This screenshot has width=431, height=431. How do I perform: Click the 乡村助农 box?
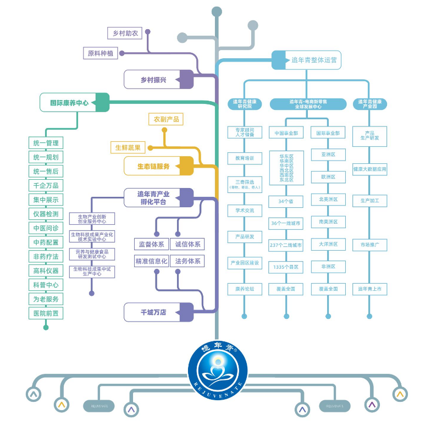pyautogui.click(x=124, y=33)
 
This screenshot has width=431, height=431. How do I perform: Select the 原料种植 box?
pyautogui.click(x=101, y=53)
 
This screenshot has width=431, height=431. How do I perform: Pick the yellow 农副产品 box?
pyautogui.click(x=165, y=119)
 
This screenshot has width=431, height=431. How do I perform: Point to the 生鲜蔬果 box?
pyautogui.click(x=128, y=147)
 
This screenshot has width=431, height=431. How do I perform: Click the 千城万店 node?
pyautogui.click(x=158, y=312)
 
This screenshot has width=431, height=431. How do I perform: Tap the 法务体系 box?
pyautogui.click(x=187, y=261)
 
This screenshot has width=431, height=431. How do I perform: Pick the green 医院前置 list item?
pyautogui.click(x=46, y=313)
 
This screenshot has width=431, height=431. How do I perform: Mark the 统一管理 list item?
pyautogui.click(x=46, y=143)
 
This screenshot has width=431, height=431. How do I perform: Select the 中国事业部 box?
pyautogui.click(x=286, y=133)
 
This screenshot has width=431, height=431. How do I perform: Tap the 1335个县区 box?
pyautogui.click(x=286, y=267)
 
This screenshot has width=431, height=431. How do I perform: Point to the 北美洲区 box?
pyautogui.click(x=328, y=199)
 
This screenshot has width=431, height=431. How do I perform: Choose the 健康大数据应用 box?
pyautogui.click(x=369, y=169)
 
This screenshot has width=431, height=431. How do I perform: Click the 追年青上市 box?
pyautogui.click(x=369, y=289)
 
